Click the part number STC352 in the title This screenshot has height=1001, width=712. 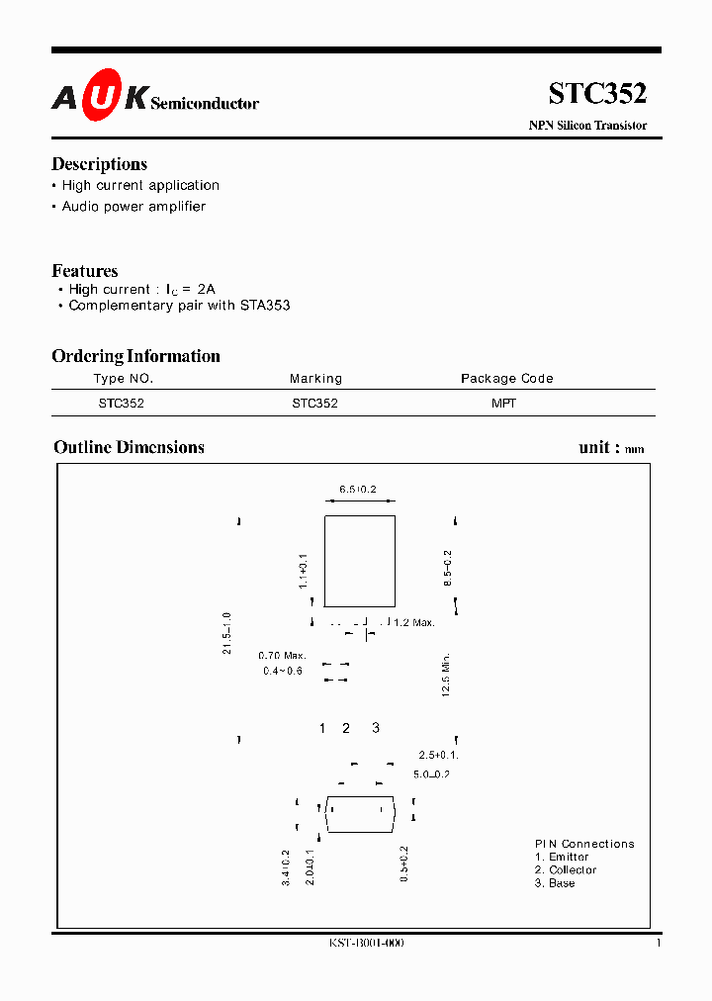click(597, 94)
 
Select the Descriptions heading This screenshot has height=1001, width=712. click(99, 164)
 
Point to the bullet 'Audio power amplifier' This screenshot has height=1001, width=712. click(133, 207)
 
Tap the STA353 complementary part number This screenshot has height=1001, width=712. click(264, 306)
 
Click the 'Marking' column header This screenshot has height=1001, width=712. click(315, 379)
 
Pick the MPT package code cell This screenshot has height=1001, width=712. click(503, 404)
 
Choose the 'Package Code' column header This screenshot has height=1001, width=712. click(506, 379)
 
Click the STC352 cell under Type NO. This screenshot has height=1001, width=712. click(122, 404)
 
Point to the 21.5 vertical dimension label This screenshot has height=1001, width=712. click(227, 632)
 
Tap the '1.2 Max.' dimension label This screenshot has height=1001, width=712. click(412, 622)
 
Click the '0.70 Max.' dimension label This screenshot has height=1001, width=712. click(282, 656)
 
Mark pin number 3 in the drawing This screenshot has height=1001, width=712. click(375, 729)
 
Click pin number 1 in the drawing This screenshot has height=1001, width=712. click(322, 729)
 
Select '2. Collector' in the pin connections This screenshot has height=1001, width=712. click(566, 870)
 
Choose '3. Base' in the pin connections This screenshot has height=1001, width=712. click(555, 883)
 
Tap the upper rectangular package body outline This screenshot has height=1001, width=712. click(360, 561)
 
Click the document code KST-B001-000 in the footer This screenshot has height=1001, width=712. click(366, 944)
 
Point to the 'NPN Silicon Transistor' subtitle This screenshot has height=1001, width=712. click(587, 126)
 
